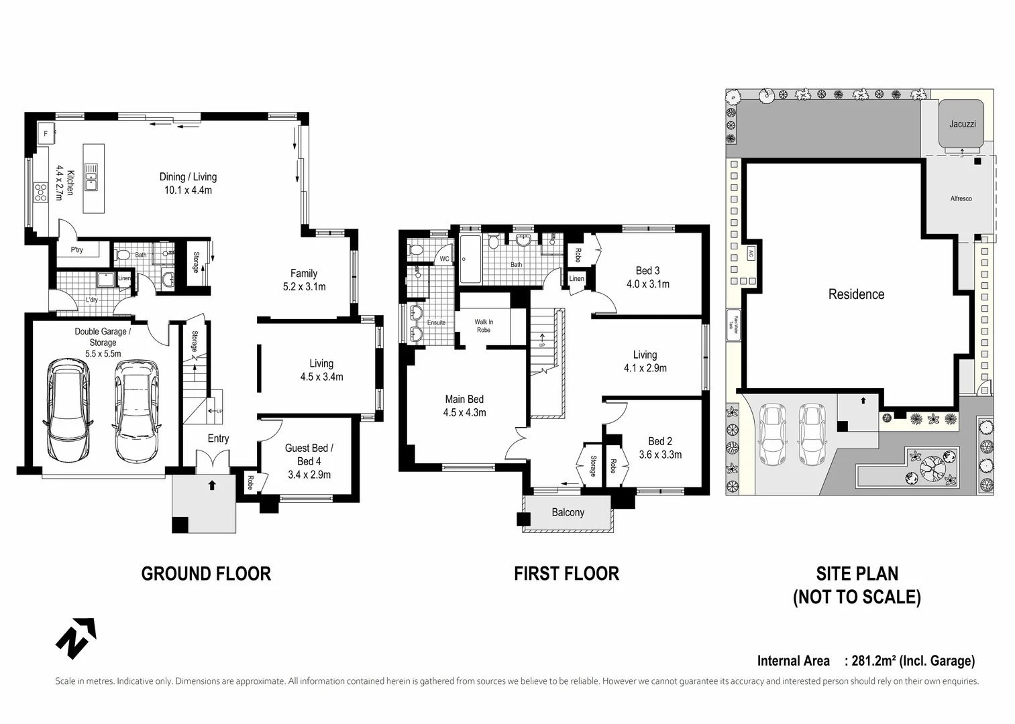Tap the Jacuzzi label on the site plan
[962, 124]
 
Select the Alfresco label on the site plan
[961, 198]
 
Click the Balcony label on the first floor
[568, 512]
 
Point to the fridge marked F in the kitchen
[46, 133]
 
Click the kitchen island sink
[91, 178]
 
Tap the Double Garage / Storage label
[103, 337]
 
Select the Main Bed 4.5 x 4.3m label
[464, 406]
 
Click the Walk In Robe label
[483, 326]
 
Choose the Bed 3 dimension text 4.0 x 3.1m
[647, 284]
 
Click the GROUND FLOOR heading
[206, 574]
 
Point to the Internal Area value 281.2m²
[875, 661]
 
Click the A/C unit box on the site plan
[751, 253]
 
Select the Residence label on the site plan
[856, 294]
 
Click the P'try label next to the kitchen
[77, 250]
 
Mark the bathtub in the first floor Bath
[469, 259]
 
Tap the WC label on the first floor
[444, 259]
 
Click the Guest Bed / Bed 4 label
[309, 455]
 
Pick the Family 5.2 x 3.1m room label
[304, 280]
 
